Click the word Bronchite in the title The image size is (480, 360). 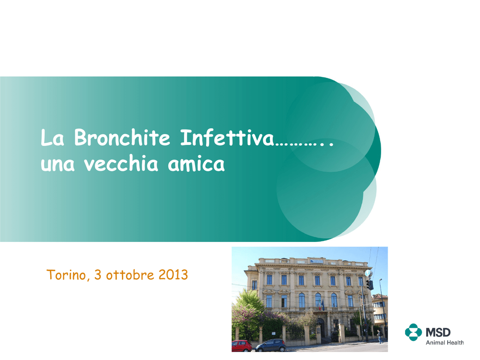(x=122, y=137)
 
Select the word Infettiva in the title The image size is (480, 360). (x=227, y=137)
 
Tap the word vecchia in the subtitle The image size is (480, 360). (x=121, y=163)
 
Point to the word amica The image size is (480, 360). (x=196, y=164)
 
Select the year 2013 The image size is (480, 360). (x=173, y=275)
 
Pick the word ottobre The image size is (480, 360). (x=130, y=275)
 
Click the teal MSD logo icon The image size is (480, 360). (x=413, y=332)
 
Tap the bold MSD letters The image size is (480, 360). (x=438, y=332)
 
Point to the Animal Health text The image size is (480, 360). (x=445, y=343)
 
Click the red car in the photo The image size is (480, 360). (x=241, y=345)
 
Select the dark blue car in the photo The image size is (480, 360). (x=270, y=345)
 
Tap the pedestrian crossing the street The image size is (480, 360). (x=380, y=337)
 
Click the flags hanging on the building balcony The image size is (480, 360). (x=321, y=305)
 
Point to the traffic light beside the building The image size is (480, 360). (x=370, y=285)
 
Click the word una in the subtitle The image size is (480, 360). (x=58, y=165)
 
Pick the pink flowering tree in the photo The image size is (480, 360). (x=245, y=318)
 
